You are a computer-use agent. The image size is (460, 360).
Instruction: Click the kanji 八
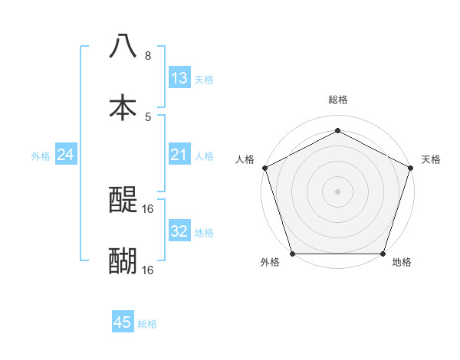click(x=123, y=46)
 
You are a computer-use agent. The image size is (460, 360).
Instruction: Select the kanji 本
click(x=123, y=107)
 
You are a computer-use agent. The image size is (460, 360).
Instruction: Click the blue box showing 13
click(x=179, y=78)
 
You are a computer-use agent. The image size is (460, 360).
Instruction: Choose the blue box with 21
click(x=179, y=155)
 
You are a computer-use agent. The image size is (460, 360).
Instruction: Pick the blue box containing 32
click(x=179, y=231)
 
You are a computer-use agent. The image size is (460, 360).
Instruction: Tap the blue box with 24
click(x=66, y=155)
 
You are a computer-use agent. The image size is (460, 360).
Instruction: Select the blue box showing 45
click(x=123, y=322)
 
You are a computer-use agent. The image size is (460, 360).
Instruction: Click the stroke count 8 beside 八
click(x=148, y=56)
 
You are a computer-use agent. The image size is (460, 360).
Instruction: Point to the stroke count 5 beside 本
click(x=148, y=117)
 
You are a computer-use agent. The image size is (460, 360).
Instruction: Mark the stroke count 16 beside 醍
click(x=149, y=208)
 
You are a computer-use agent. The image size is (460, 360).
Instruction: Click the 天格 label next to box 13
click(x=204, y=79)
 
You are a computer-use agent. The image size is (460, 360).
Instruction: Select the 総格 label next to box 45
click(x=147, y=324)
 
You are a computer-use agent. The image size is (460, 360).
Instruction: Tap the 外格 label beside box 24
click(x=41, y=155)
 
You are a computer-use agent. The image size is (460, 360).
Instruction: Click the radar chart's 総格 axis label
click(x=337, y=100)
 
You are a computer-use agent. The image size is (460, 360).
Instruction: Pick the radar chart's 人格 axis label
click(x=245, y=159)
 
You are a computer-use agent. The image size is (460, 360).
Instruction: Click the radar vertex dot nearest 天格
click(x=411, y=168)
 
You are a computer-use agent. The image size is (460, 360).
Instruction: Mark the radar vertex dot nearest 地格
click(x=383, y=254)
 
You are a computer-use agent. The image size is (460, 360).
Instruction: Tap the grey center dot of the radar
click(x=337, y=191)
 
